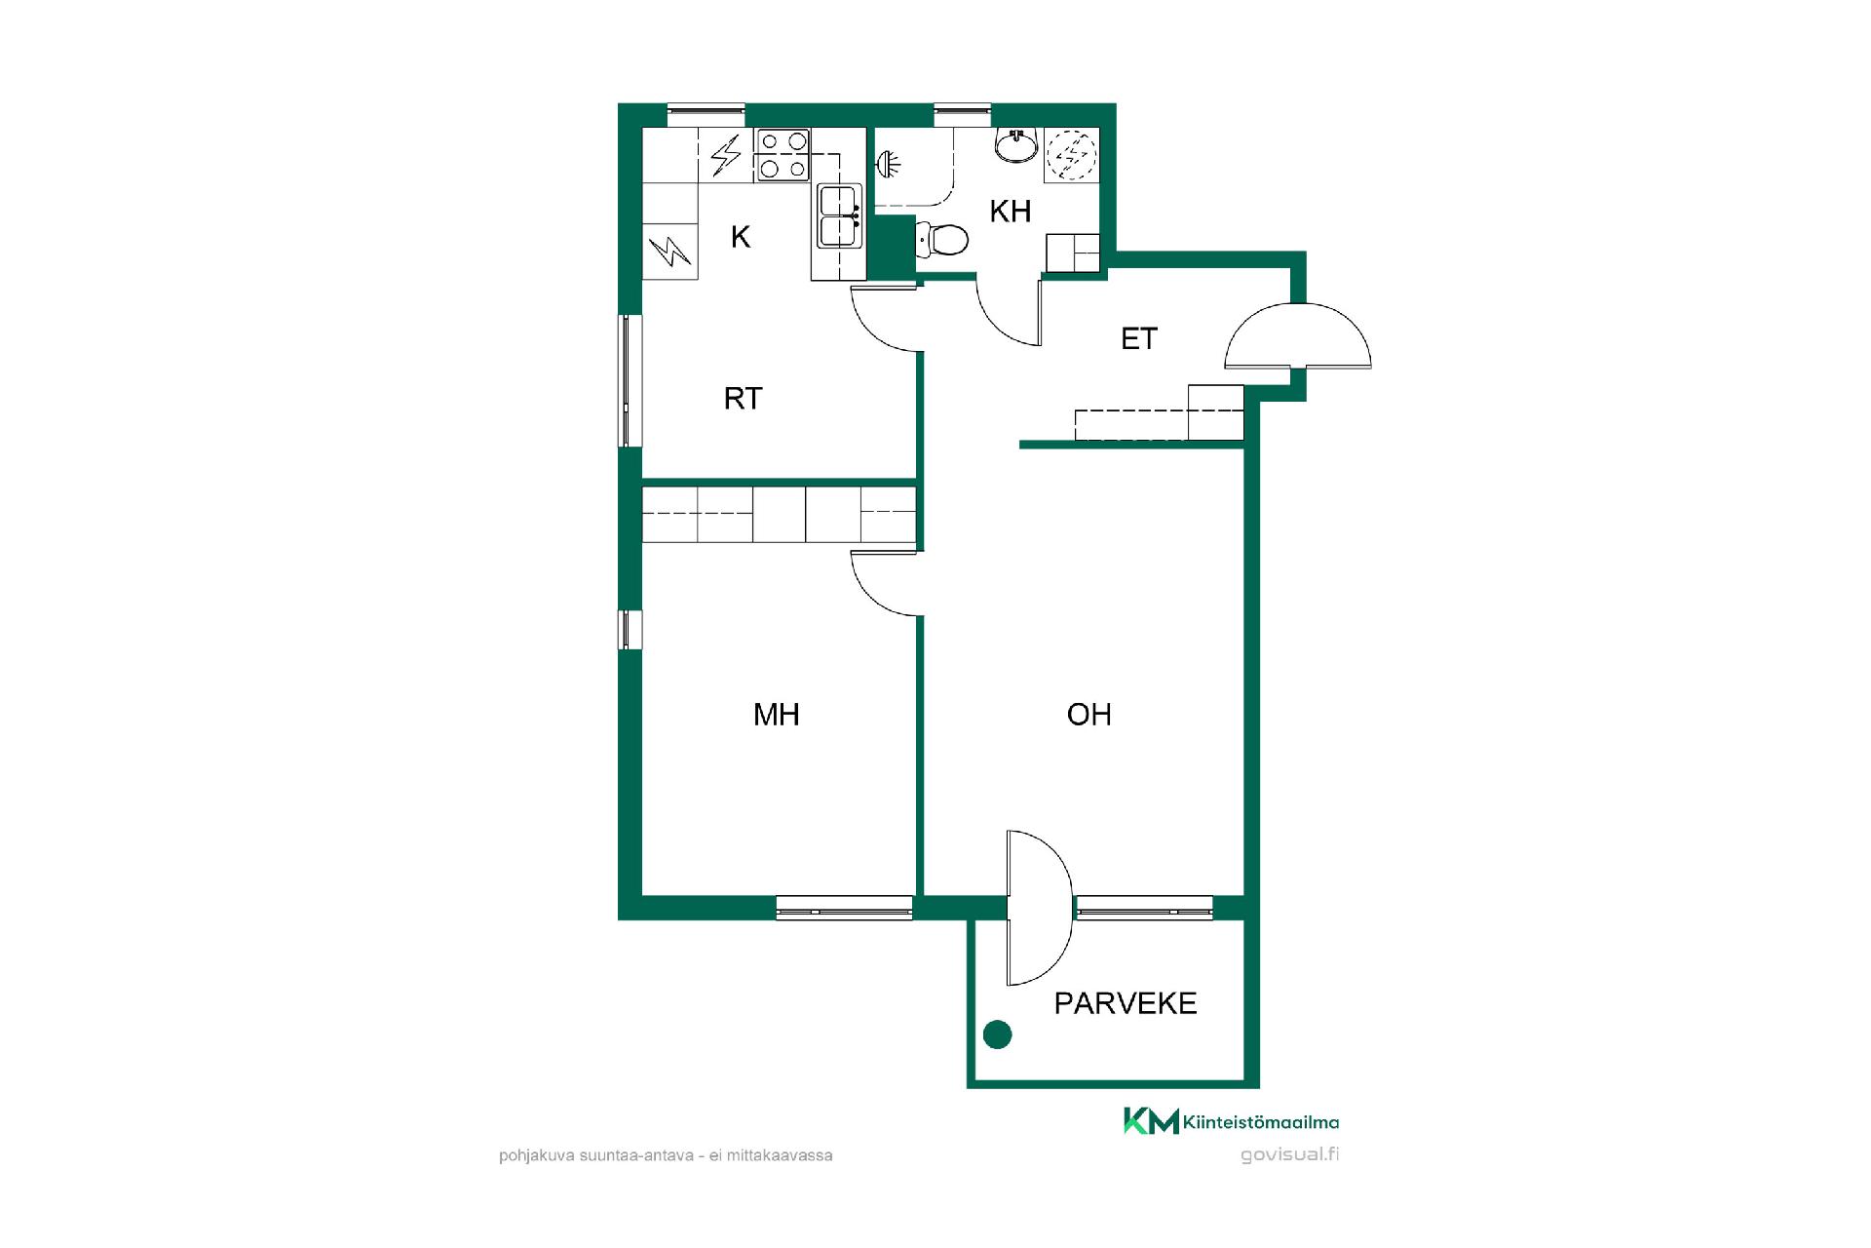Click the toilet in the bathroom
pyautogui.click(x=943, y=238)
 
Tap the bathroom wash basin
pyautogui.click(x=1017, y=146)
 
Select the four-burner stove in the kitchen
pyautogui.click(x=783, y=155)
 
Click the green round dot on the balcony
pyautogui.click(x=997, y=1034)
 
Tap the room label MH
pyautogui.click(x=777, y=715)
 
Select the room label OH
pyautogui.click(x=1088, y=715)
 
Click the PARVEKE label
pyautogui.click(x=1126, y=1003)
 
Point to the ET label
pyautogui.click(x=1139, y=338)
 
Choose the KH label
pyautogui.click(x=1011, y=212)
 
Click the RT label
pyautogui.click(x=743, y=398)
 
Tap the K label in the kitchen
pyautogui.click(x=741, y=237)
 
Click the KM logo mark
pyautogui.click(x=1151, y=1121)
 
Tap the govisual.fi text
pyautogui.click(x=1290, y=1155)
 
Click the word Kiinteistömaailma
pyautogui.click(x=1261, y=1122)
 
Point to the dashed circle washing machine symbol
pyautogui.click(x=1071, y=154)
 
